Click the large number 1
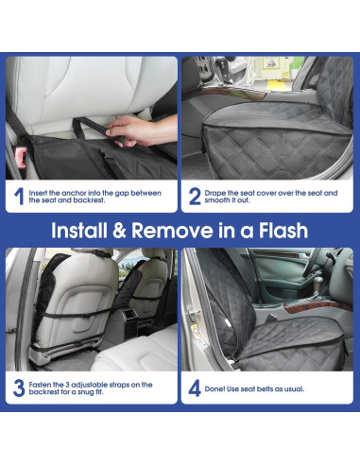[x=18, y=197]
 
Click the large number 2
[x=194, y=197]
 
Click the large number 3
[x=18, y=387]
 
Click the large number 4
[x=194, y=387]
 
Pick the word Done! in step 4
[x=220, y=387]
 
